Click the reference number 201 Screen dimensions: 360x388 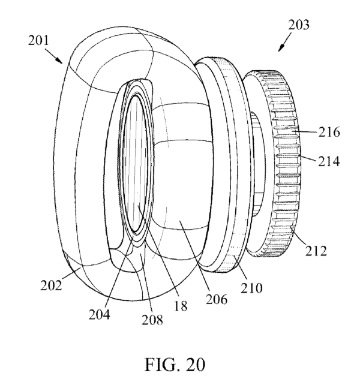tap(38, 41)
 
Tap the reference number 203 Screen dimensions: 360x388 tap(298, 25)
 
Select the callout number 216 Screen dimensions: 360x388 tap(329, 132)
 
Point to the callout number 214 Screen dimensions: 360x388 tap(329, 161)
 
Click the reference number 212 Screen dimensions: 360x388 tap(316, 251)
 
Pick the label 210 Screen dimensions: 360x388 tap(251, 288)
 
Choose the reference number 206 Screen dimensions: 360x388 tap(217, 299)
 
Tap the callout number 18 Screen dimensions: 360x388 tap(181, 306)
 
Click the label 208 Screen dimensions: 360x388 tap(152, 320)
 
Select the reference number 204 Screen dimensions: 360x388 tap(99, 315)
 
